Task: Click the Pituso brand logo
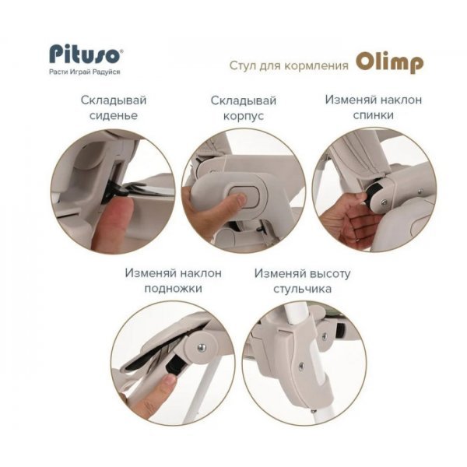click(x=86, y=54)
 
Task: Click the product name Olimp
click(x=390, y=63)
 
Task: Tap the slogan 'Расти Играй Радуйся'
click(x=85, y=72)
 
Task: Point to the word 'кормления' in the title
click(x=316, y=65)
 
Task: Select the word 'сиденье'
click(x=114, y=115)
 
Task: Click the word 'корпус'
click(x=244, y=116)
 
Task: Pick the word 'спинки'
click(x=373, y=115)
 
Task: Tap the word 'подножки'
click(x=173, y=288)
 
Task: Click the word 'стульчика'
click(x=302, y=289)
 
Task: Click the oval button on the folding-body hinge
click(x=244, y=197)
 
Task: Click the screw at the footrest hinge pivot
click(x=202, y=348)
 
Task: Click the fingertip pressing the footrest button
click(x=169, y=381)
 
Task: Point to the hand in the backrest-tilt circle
click(x=349, y=219)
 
